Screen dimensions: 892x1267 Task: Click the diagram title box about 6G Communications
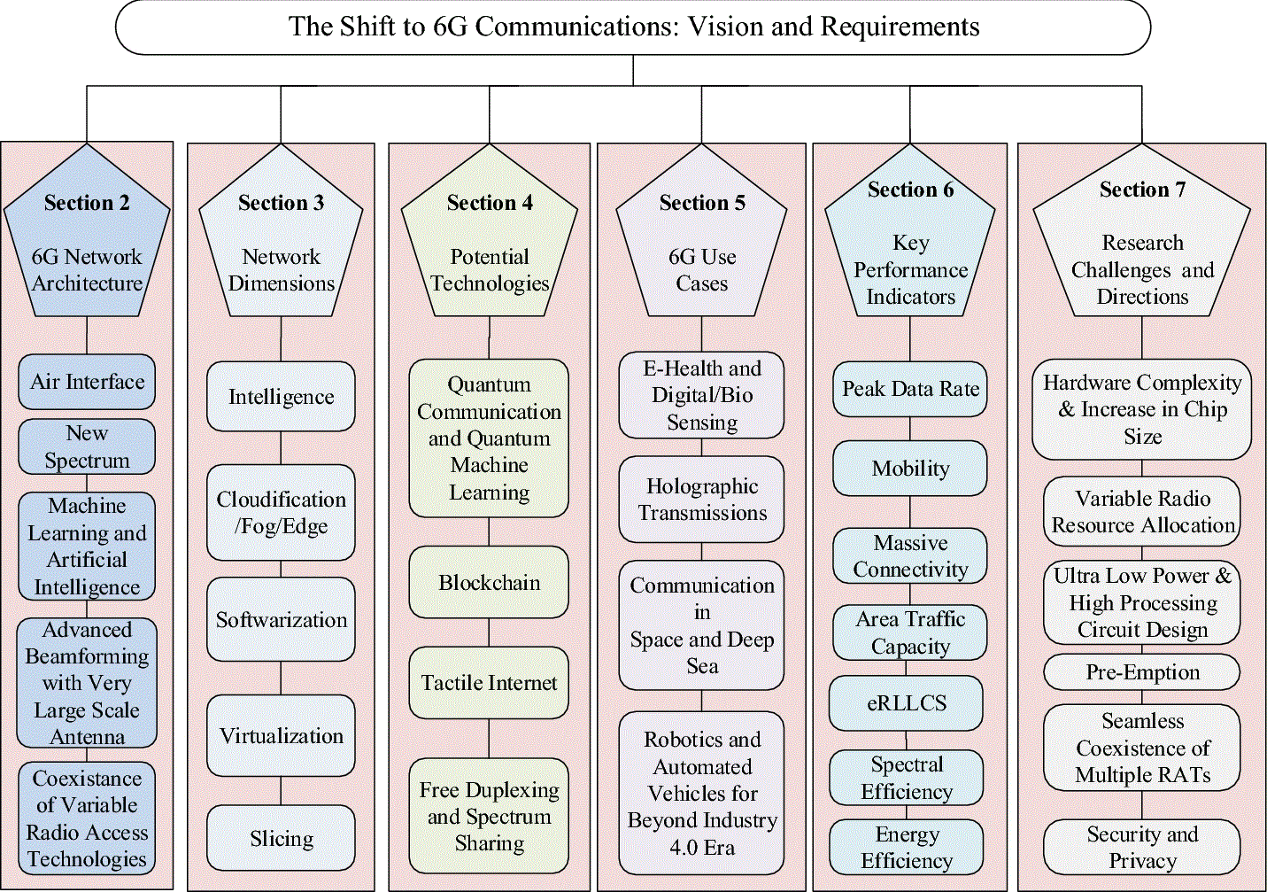(633, 27)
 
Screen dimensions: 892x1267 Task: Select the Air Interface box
(87, 382)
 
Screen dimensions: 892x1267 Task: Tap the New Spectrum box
(87, 446)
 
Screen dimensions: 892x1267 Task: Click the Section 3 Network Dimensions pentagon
(281, 244)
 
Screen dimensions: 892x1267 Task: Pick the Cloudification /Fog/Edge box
(281, 513)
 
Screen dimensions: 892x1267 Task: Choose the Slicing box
(281, 838)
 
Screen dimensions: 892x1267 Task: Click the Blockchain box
(489, 582)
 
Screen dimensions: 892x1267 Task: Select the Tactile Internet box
(489, 683)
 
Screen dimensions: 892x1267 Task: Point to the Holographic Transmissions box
(701, 500)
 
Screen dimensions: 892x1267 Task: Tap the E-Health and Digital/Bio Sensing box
(701, 395)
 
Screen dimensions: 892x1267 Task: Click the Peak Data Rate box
(910, 389)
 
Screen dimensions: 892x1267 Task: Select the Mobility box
(910, 469)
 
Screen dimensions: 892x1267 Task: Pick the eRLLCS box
(907, 703)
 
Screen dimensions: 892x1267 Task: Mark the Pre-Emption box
(1142, 672)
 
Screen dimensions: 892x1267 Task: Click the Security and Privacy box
(1142, 847)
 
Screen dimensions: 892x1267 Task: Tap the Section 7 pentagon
(1142, 239)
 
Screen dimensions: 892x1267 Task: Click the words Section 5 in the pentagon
(702, 203)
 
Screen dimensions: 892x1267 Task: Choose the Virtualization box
(281, 736)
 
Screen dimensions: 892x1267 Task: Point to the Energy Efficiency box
(907, 847)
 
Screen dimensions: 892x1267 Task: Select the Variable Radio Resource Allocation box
(1142, 512)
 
